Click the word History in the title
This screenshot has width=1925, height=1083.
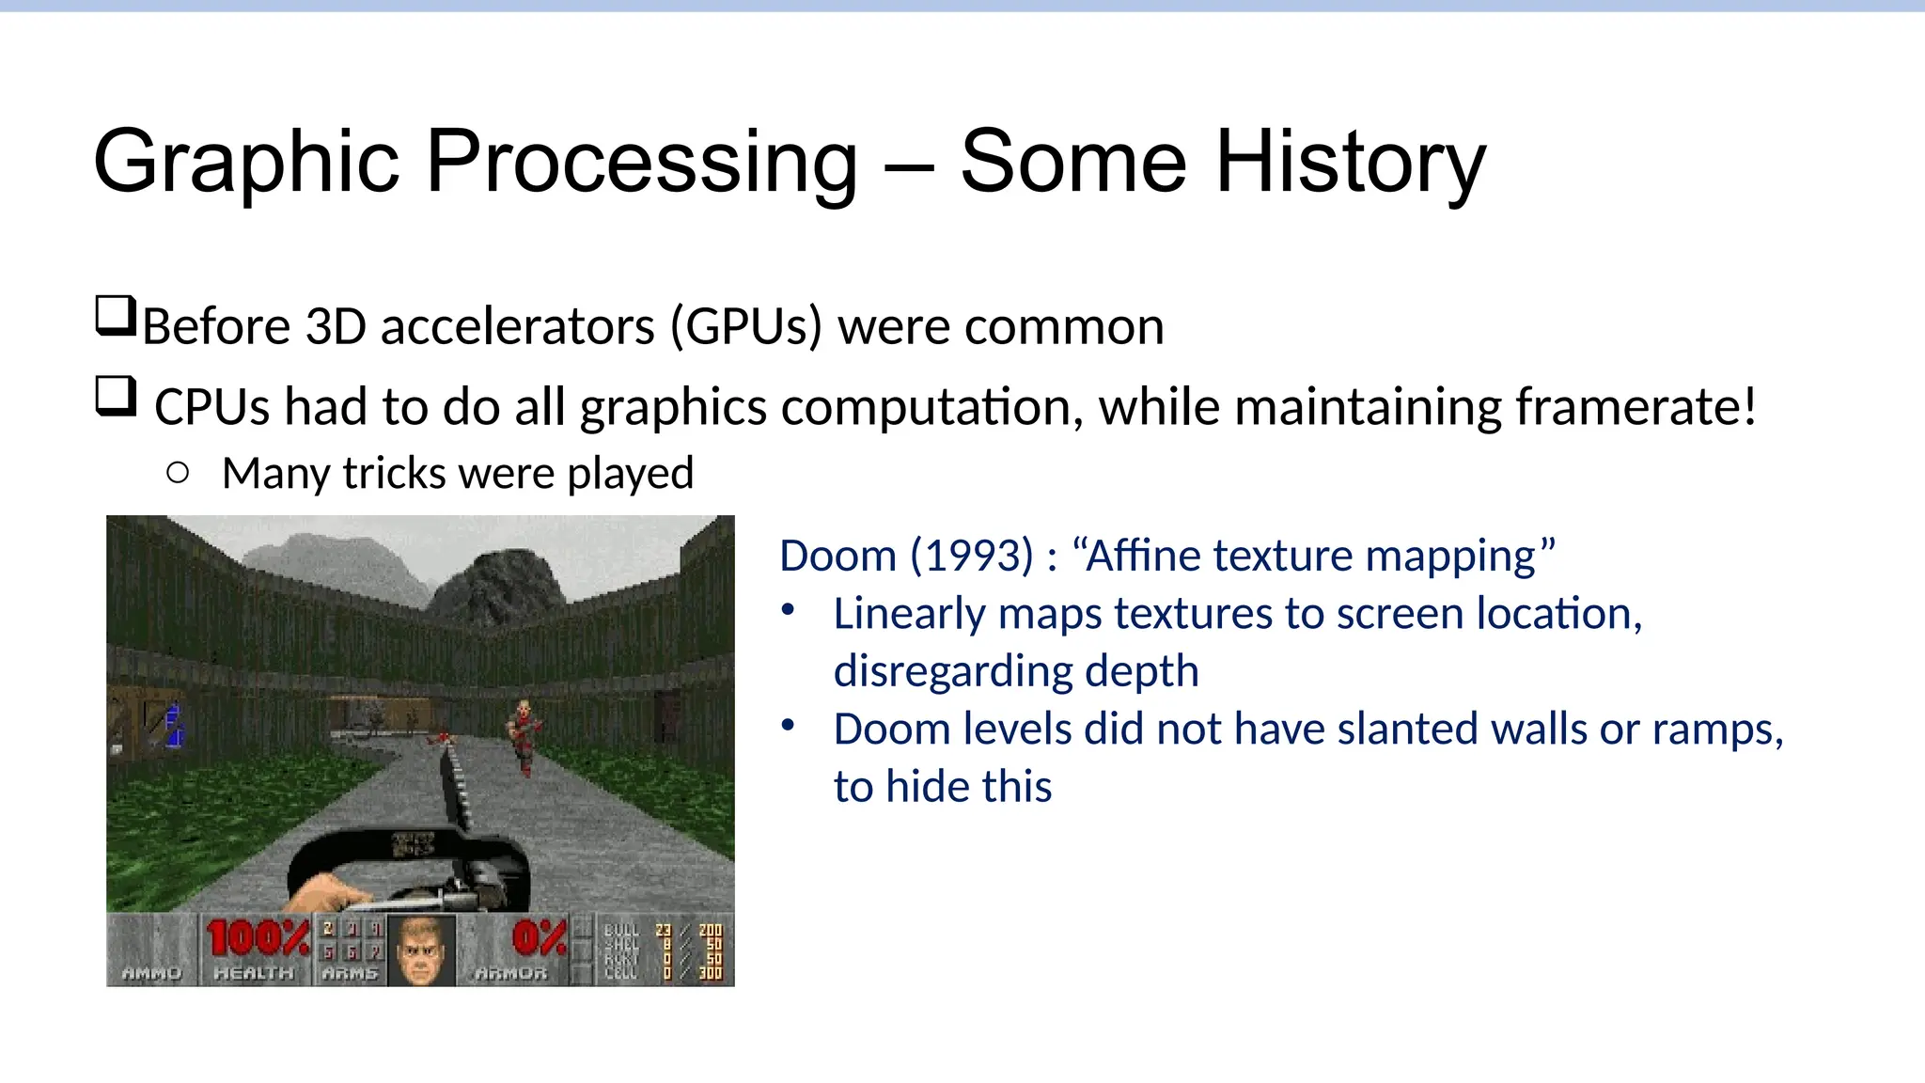click(1350, 162)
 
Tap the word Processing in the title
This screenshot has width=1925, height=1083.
click(642, 162)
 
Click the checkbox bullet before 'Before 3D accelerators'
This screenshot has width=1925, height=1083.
click(116, 317)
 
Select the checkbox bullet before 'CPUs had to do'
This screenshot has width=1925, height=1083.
click(116, 397)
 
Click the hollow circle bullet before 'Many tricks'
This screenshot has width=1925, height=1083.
click(178, 473)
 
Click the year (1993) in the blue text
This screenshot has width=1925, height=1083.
click(972, 556)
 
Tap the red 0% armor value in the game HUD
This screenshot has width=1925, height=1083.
click(540, 938)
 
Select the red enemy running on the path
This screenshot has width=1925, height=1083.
click(524, 735)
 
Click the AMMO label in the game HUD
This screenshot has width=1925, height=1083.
click(151, 974)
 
